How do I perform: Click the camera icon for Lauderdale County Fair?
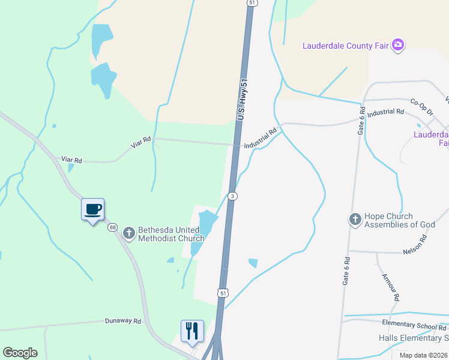(397, 45)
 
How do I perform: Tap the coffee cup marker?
(92, 209)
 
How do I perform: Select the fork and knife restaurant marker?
(192, 331)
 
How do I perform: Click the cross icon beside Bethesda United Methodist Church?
(128, 233)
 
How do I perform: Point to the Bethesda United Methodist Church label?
(172, 233)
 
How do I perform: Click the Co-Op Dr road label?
(422, 103)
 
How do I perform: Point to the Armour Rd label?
(391, 287)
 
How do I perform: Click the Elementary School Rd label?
(415, 325)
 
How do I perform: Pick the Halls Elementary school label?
(414, 338)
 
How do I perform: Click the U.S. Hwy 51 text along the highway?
(243, 99)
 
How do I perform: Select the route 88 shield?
(113, 227)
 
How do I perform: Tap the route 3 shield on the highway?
(233, 196)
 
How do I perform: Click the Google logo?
(20, 353)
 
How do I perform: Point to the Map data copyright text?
(423, 355)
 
